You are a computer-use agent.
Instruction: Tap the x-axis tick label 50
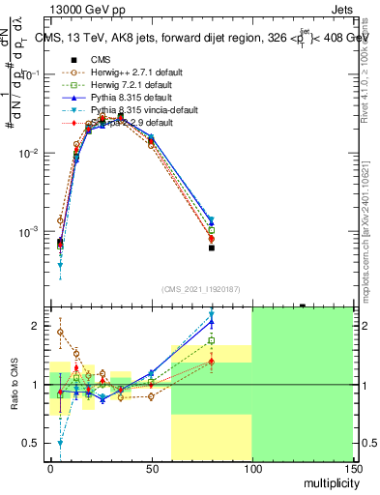tap(151, 467)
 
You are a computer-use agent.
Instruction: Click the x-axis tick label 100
tap(251, 467)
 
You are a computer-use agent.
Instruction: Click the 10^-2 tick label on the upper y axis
tap(28, 154)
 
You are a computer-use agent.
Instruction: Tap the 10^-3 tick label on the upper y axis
tap(28, 233)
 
